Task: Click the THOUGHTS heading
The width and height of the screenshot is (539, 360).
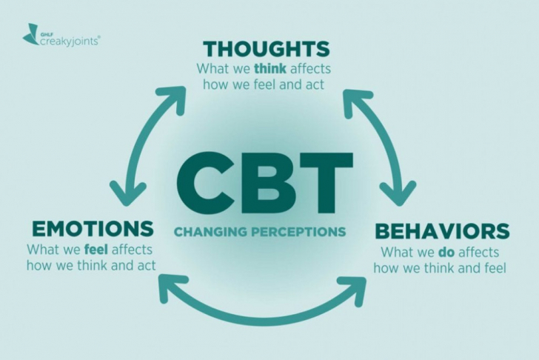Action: tap(266, 50)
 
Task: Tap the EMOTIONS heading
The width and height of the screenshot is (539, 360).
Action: tap(93, 228)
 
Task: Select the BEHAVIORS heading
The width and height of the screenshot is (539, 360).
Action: tap(441, 231)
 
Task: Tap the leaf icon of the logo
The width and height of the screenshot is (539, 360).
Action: tap(30, 34)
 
